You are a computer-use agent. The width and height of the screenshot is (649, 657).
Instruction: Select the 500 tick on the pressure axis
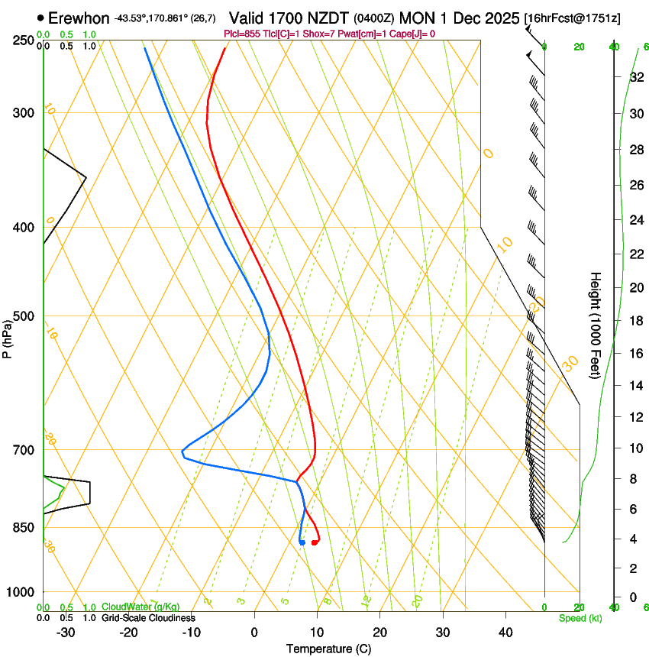click(x=24, y=316)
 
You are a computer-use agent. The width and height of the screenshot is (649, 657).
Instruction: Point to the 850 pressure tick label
click(x=24, y=527)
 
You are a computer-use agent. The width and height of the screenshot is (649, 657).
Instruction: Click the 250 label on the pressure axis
click(x=24, y=40)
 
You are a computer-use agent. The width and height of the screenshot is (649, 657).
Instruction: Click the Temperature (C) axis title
click(x=328, y=649)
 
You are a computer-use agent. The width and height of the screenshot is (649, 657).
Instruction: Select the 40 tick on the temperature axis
click(x=505, y=633)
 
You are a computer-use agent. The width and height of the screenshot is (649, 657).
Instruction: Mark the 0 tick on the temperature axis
click(x=254, y=633)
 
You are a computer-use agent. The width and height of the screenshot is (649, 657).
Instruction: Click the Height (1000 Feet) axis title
click(x=596, y=325)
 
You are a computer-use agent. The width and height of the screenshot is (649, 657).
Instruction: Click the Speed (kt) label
click(x=580, y=618)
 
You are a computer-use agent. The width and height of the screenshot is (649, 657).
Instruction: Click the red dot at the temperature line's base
click(x=314, y=542)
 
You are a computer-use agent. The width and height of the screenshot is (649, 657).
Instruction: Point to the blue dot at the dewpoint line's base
click(x=302, y=542)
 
